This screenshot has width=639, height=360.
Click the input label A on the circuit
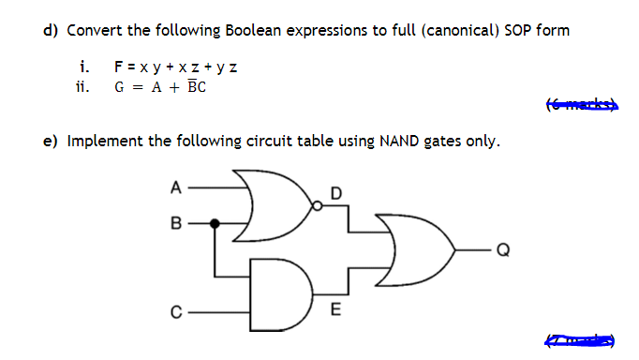click(x=175, y=187)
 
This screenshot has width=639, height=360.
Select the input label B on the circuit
click(x=175, y=224)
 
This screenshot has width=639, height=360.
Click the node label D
click(x=337, y=193)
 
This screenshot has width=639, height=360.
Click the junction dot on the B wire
click(x=216, y=224)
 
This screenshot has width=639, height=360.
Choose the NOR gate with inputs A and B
click(x=277, y=203)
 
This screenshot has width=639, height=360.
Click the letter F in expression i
click(x=118, y=67)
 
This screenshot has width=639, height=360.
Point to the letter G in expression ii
click(x=119, y=87)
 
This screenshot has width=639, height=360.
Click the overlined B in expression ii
click(x=190, y=87)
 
